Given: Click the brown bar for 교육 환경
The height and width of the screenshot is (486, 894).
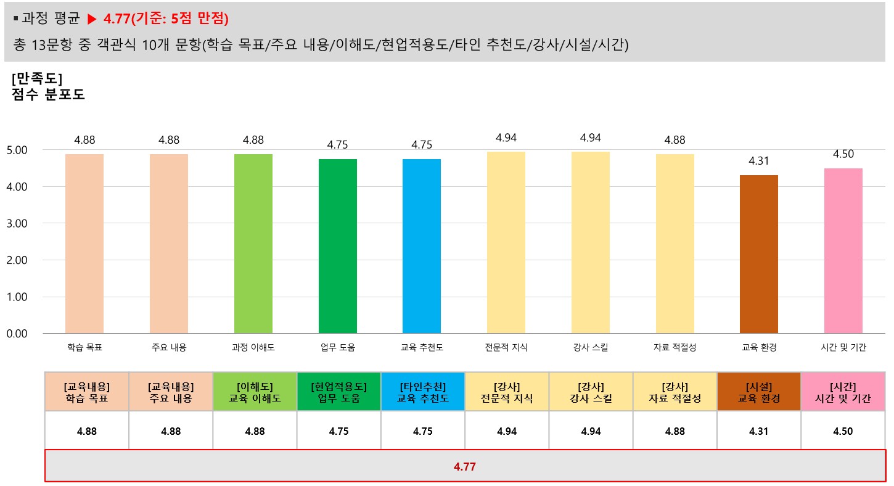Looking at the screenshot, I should [758, 254].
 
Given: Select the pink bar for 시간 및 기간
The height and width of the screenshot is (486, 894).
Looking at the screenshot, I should [843, 250].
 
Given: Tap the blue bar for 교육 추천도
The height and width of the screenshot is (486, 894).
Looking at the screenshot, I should [422, 246].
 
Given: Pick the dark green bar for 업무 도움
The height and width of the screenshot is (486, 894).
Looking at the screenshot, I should [337, 246].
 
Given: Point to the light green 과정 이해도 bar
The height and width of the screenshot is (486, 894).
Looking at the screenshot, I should [253, 244].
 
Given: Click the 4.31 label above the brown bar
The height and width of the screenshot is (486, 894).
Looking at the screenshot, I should [759, 161].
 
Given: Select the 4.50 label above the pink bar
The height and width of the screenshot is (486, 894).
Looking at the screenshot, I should [843, 154].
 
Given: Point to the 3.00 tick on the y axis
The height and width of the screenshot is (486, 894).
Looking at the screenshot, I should [17, 223].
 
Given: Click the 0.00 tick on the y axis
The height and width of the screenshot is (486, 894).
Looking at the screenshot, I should [17, 334].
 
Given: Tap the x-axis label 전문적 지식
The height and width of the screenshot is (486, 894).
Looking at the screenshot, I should [506, 348].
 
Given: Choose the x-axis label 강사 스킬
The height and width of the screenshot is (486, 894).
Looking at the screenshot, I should [590, 348].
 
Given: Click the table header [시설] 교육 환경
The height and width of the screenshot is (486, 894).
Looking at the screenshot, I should [759, 392].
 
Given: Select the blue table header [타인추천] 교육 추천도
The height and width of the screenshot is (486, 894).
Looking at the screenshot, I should [422, 392].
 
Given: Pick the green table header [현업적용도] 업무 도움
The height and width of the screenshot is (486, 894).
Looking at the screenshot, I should [338, 392].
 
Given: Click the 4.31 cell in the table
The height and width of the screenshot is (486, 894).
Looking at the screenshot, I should [759, 431].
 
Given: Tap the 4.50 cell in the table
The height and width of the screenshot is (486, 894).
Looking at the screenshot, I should [843, 431].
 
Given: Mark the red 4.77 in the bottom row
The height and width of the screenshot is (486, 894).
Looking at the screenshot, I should [464, 467].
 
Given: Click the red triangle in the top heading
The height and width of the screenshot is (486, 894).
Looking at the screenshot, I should [92, 19].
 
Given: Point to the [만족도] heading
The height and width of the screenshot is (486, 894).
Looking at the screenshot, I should [36, 79].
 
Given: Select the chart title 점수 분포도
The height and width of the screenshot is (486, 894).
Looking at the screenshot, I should [47, 95].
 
